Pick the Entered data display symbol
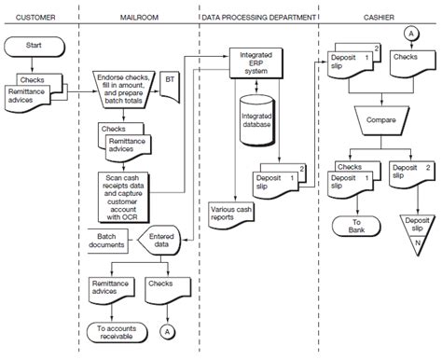click(x=160, y=241)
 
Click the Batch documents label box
click(x=108, y=241)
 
